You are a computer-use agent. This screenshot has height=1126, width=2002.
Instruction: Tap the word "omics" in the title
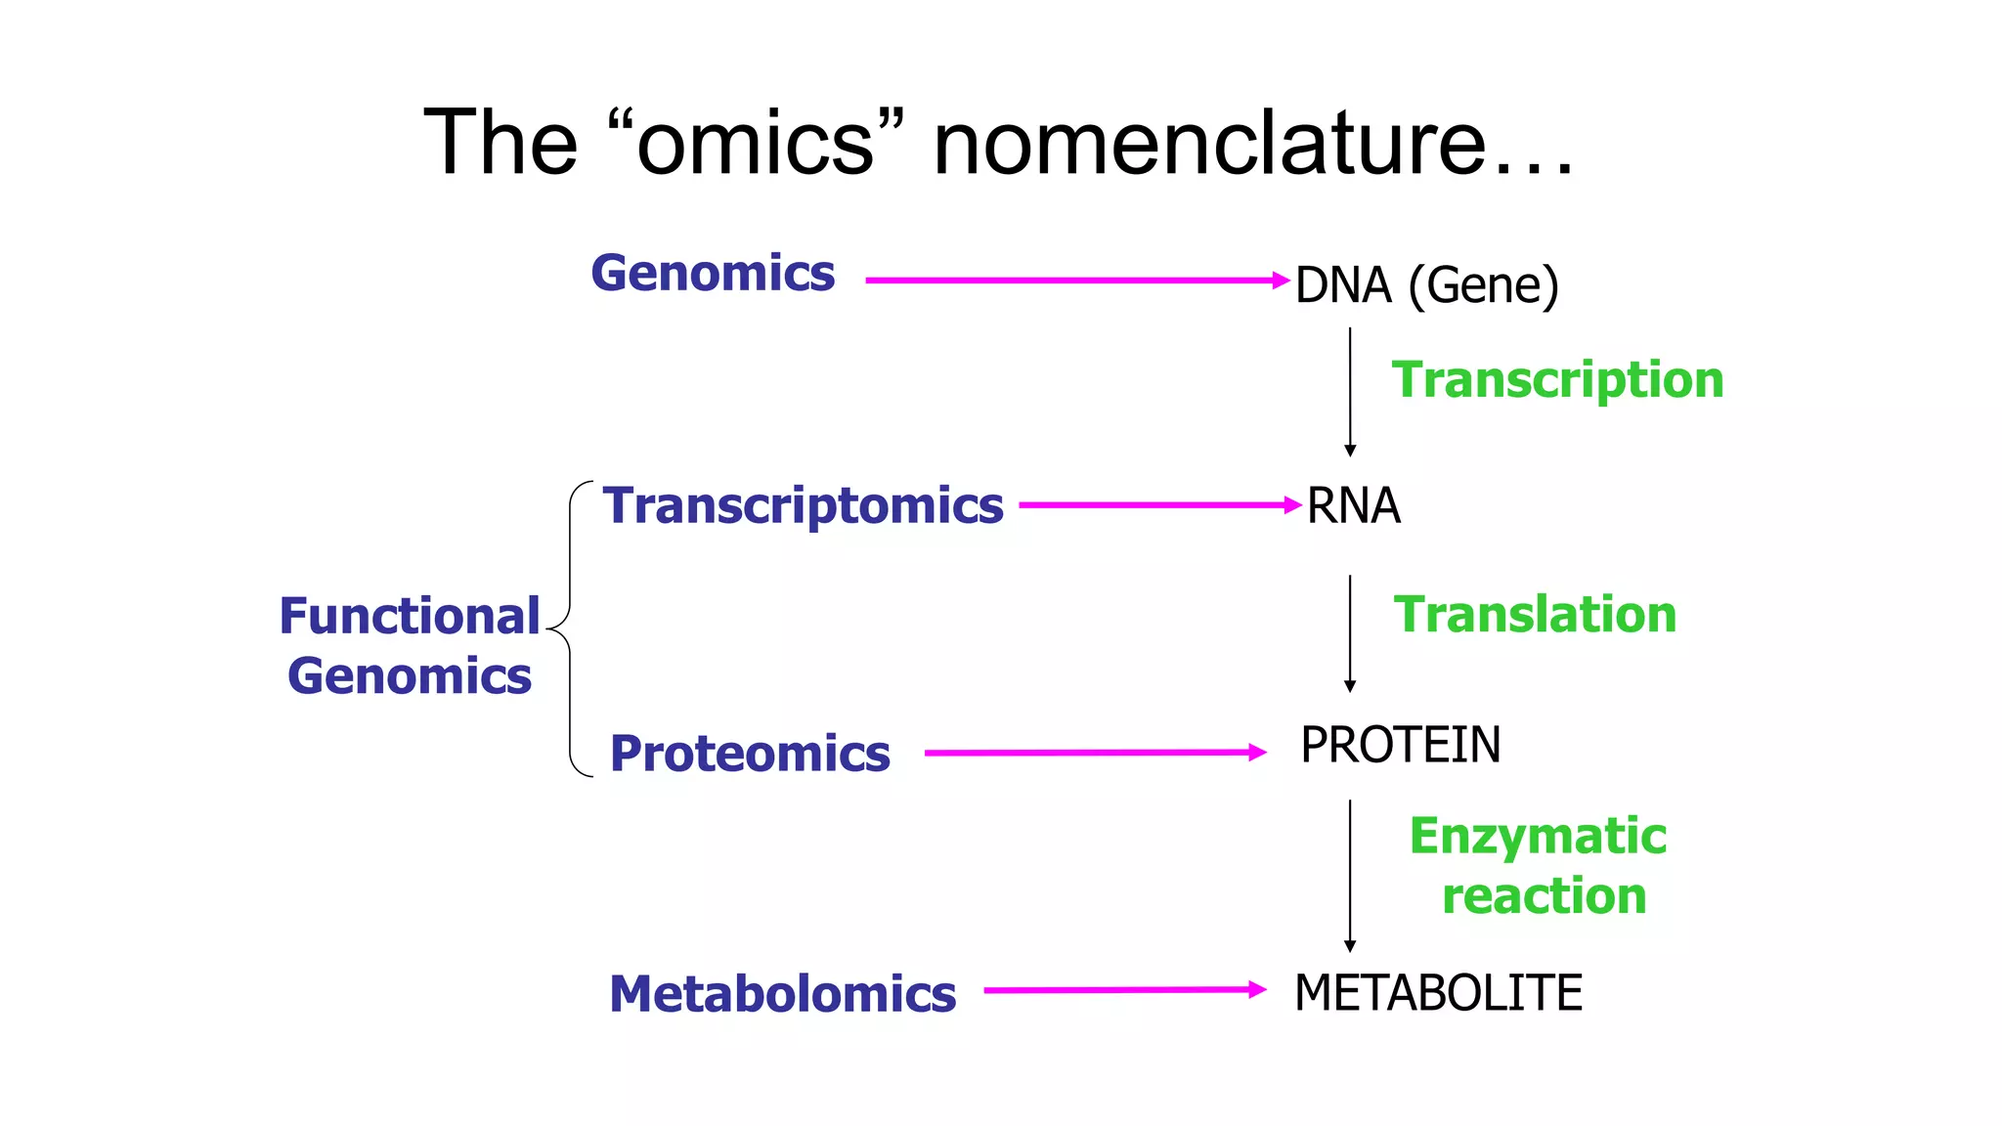pos(755,144)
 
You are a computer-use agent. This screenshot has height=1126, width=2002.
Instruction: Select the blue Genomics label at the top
pos(713,273)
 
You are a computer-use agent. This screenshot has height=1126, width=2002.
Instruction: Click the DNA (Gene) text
pos(1426,285)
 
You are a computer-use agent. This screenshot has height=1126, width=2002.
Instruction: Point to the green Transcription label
pos(1557,379)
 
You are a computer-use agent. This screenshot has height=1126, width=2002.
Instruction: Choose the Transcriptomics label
pos(803,506)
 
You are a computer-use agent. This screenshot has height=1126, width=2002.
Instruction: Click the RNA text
pos(1353,506)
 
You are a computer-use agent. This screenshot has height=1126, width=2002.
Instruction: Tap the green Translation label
pos(1535,615)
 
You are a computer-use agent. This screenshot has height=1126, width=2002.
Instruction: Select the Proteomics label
pos(750,754)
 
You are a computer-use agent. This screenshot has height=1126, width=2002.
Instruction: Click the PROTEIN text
pos(1400,745)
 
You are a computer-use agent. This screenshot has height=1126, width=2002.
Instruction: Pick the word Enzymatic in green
pos(1537,837)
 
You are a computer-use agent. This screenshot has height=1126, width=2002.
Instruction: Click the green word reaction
pos(1544,896)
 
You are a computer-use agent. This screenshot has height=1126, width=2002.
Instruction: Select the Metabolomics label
pos(782,994)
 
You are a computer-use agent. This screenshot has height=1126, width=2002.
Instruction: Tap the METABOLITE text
pos(1437,993)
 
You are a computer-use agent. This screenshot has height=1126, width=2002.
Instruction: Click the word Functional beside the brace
pos(409,617)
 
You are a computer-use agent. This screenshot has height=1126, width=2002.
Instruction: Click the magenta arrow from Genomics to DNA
pos(1075,281)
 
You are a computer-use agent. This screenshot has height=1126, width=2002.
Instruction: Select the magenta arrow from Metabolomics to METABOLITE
pos(1124,990)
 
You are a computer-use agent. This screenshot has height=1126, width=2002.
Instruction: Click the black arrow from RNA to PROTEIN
pos(1350,633)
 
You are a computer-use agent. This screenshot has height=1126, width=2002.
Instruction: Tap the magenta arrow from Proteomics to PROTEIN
pos(1095,753)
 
